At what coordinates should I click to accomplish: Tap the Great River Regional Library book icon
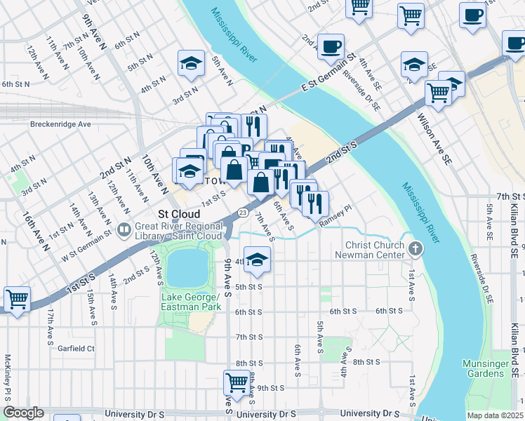(125, 229)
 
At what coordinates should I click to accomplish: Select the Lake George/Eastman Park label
(191, 302)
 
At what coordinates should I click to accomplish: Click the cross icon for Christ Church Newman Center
(416, 248)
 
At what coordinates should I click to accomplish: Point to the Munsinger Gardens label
(484, 368)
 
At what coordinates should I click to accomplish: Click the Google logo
(23, 413)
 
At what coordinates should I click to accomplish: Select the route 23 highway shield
(242, 211)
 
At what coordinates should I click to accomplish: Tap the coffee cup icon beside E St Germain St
(331, 46)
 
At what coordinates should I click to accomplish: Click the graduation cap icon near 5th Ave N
(190, 63)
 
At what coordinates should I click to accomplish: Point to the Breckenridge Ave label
(61, 124)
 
